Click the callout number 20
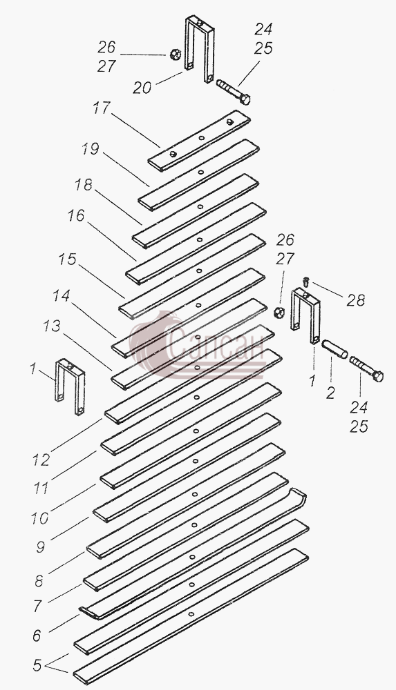[x=142, y=88]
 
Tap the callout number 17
[x=100, y=108]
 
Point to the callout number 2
[x=331, y=393]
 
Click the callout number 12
[x=41, y=460]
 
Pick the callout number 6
[x=37, y=635]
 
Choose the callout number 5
[x=37, y=665]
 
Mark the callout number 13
[x=52, y=326]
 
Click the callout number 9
[x=40, y=547]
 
